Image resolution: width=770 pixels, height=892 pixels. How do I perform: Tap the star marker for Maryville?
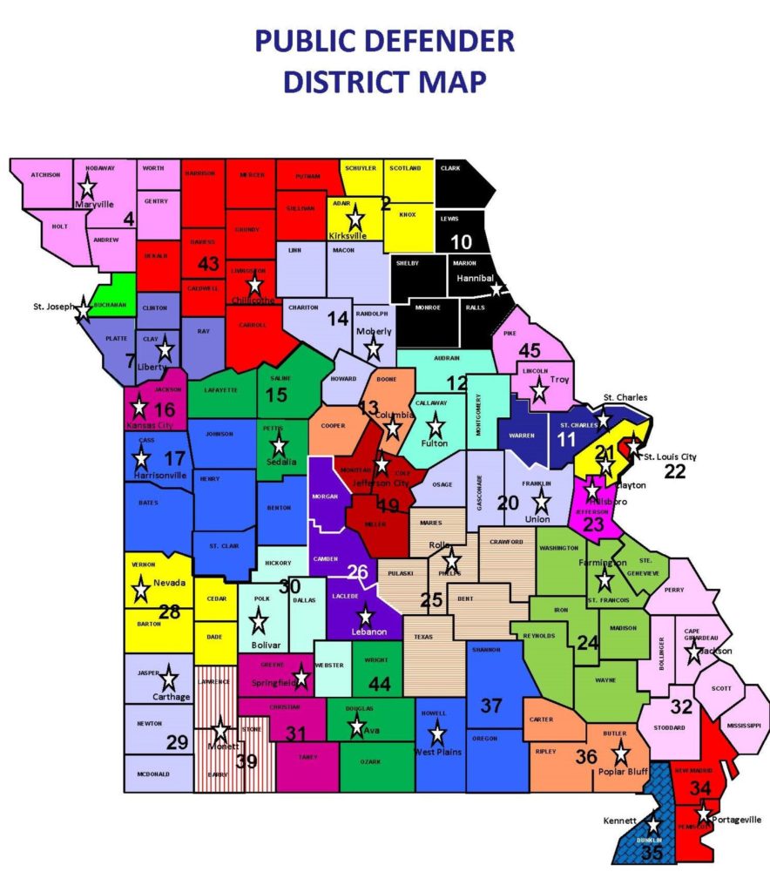tap(87, 186)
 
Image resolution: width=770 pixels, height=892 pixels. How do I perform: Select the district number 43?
tap(209, 263)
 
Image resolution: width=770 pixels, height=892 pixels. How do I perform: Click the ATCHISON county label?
tap(45, 174)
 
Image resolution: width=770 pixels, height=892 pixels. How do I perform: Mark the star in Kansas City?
tap(138, 406)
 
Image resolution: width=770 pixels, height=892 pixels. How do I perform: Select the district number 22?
tap(675, 471)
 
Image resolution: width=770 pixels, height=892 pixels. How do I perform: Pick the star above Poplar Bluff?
tap(621, 753)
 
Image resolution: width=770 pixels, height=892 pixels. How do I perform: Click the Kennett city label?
tap(619, 821)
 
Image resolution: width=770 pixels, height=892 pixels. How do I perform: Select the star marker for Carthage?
tap(169, 678)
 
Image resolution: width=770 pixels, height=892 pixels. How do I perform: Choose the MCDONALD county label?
tap(152, 774)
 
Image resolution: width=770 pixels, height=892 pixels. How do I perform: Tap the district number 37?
tap(492, 705)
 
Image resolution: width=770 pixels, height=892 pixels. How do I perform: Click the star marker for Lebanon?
tap(365, 616)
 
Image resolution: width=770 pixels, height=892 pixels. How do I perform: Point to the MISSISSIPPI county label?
tap(743, 726)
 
